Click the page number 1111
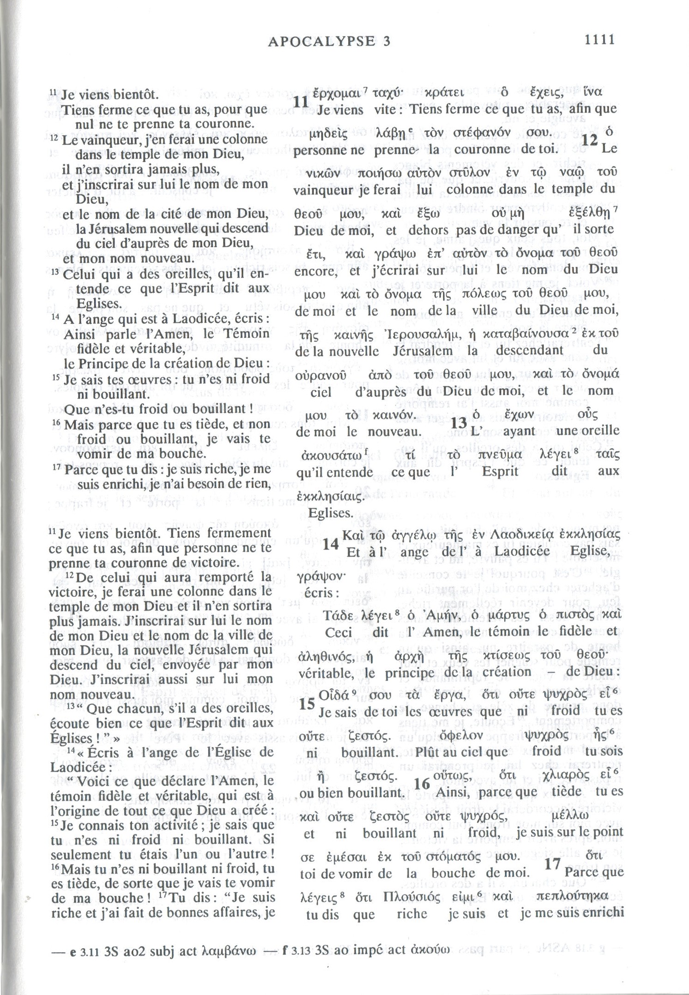pyautogui.click(x=599, y=40)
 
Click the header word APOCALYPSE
pyautogui.click(x=321, y=42)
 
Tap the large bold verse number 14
pyautogui.click(x=331, y=545)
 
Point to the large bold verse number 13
pyautogui.click(x=459, y=423)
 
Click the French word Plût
pyautogui.click(x=427, y=752)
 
